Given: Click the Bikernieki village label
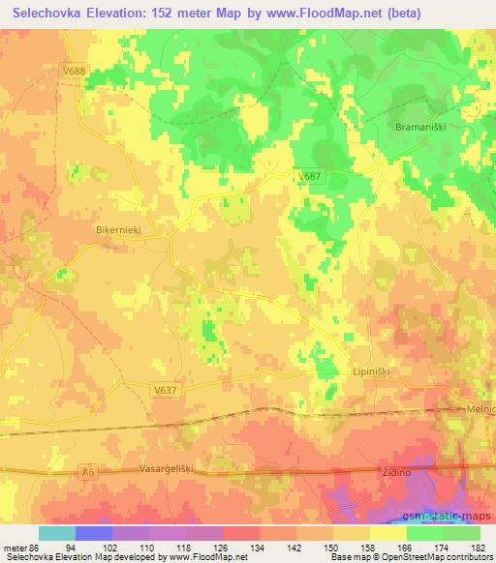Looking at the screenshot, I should click(x=120, y=232).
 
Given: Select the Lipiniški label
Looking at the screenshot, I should click(x=369, y=370).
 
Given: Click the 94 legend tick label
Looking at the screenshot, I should click(x=94, y=547).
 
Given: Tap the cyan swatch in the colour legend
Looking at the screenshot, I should click(x=57, y=533).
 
